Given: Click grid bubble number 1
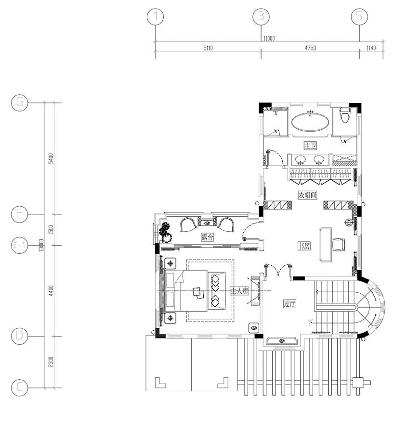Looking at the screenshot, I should pos(155,17).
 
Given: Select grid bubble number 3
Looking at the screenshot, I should pos(261,17).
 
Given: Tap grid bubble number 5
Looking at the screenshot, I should pos(359,17).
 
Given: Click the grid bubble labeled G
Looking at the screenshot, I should pos(20,102).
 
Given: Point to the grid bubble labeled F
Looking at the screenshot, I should pos(20,214).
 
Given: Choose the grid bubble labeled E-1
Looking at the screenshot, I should pos(20,246).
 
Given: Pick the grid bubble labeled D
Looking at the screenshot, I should pos(20,335).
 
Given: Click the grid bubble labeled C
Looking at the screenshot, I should pos(20,387).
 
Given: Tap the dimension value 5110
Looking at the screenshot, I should pos(208,49).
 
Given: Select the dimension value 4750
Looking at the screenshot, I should pos(310,49).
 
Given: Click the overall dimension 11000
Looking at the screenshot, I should pos(268,38).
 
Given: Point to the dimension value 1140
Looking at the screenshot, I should pos(371,49).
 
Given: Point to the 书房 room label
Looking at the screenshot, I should pos(303,246).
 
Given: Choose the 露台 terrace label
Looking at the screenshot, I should pos(208,237).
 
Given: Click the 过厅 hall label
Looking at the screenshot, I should pos(290,303).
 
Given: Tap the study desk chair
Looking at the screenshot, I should pos(340,244).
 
